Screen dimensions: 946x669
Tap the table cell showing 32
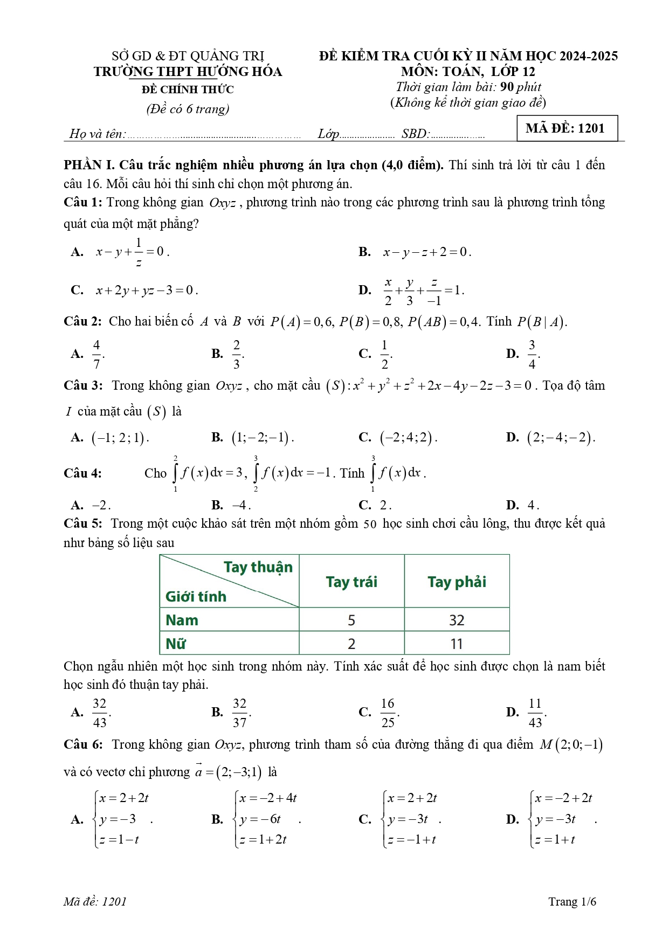click(457, 620)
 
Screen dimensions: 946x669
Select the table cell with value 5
click(351, 620)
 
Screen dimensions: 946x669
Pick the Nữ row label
click(176, 644)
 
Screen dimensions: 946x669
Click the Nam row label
click(182, 620)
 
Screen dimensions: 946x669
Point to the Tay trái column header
click(351, 582)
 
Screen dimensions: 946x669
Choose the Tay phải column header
click(457, 582)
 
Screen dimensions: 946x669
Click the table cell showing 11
click(457, 644)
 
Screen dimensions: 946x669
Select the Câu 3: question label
click(83, 385)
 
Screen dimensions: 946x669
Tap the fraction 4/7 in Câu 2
click(96, 354)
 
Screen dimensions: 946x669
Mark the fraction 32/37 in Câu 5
click(239, 713)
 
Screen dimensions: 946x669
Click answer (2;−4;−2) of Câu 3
click(561, 437)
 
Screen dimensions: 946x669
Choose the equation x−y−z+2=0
click(426, 252)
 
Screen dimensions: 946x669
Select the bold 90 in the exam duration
click(507, 87)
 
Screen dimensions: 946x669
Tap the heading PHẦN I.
click(90, 165)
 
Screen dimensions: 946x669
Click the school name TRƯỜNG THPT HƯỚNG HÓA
click(188, 72)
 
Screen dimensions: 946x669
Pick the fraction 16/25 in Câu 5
click(388, 713)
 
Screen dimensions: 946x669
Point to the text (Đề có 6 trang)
click(188, 109)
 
